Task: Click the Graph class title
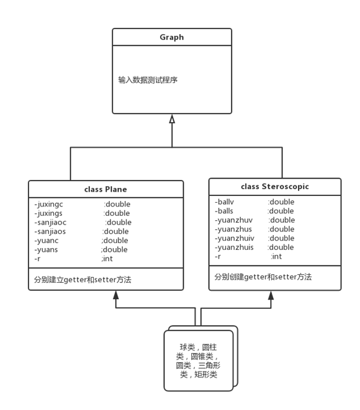pyautogui.click(x=172, y=37)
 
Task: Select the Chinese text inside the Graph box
pyautogui.click(x=148, y=80)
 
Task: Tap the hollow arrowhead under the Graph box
pyautogui.click(x=172, y=119)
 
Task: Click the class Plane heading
pyautogui.click(x=106, y=189)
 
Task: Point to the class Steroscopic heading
pyautogui.click(x=275, y=187)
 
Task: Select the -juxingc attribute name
pyautogui.click(x=48, y=204)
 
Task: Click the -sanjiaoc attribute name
pyautogui.click(x=50, y=222)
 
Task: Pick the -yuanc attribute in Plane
pyautogui.click(x=47, y=241)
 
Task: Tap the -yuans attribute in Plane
pyautogui.click(x=46, y=250)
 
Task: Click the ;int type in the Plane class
pyautogui.click(x=107, y=259)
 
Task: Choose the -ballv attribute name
pyautogui.click(x=224, y=202)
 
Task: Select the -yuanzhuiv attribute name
pyautogui.click(x=235, y=238)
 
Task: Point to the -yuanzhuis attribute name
pyautogui.click(x=234, y=247)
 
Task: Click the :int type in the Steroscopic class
pyautogui.click(x=276, y=257)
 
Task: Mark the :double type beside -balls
pyautogui.click(x=281, y=211)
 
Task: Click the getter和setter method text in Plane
pyautogui.click(x=83, y=280)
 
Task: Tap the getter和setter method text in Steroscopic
pyautogui.click(x=263, y=277)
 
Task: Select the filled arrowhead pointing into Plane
pyautogui.click(x=115, y=295)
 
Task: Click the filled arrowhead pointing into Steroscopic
pyautogui.click(x=271, y=295)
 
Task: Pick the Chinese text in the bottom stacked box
pyautogui.click(x=198, y=361)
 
